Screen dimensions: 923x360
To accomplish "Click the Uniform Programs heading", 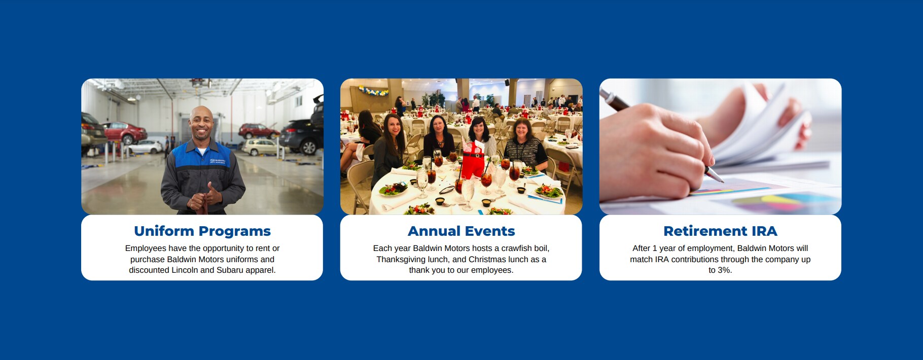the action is tap(202, 231).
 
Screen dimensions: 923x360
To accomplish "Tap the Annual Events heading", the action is tap(461, 231).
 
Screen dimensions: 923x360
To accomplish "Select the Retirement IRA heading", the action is tap(720, 231).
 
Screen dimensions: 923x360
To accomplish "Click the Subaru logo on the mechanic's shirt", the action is tap(220, 161).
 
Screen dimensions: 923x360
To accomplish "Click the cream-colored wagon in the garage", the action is tap(260, 147).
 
